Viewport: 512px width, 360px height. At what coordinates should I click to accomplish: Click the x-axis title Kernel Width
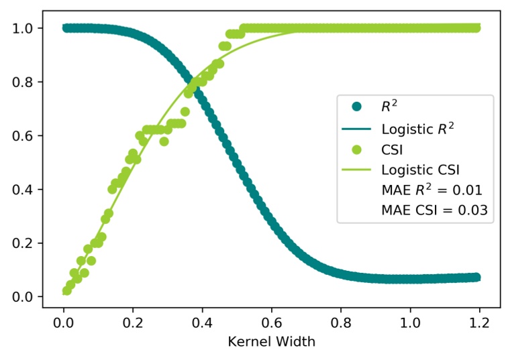click(x=272, y=341)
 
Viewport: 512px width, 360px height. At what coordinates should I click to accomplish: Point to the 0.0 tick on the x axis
click(x=63, y=319)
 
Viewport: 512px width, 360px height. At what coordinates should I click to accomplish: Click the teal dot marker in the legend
click(x=356, y=107)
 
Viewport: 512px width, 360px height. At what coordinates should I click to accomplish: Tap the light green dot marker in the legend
click(x=356, y=148)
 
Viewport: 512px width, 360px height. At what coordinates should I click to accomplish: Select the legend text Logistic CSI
click(x=420, y=168)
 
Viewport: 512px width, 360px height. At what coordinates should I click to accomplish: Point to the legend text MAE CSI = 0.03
click(x=433, y=211)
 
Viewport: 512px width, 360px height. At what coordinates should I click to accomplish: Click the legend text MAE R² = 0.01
click(x=431, y=189)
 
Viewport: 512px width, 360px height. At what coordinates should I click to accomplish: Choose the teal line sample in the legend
click(x=356, y=127)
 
